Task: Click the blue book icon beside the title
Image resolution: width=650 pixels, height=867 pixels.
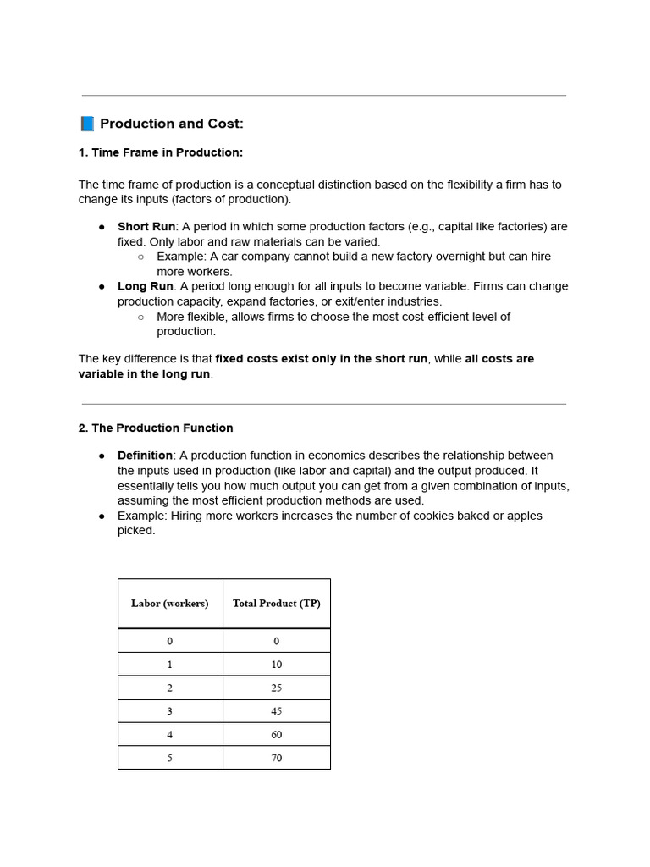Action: [x=87, y=124]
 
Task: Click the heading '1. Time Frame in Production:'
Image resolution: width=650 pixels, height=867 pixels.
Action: [x=161, y=152]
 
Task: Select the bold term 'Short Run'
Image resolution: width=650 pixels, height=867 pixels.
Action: [x=146, y=227]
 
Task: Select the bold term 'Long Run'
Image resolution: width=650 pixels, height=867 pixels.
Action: [x=145, y=286]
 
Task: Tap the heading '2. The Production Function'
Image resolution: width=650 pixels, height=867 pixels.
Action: [x=156, y=428]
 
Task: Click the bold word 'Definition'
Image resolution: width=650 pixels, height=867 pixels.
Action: [x=145, y=456]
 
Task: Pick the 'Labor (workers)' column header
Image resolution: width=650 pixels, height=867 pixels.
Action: [x=170, y=604]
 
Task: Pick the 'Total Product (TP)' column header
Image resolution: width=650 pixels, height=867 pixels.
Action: [x=277, y=604]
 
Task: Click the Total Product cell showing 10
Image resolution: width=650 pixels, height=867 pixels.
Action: [x=277, y=665]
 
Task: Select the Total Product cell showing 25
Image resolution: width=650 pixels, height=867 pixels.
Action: [x=277, y=688]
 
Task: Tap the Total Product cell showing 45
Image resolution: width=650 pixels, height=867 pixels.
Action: [x=277, y=711]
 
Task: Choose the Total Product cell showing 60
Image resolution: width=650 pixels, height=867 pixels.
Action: [x=277, y=734]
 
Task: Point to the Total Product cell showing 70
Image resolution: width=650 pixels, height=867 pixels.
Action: [x=277, y=758]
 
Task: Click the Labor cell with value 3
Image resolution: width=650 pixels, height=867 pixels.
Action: [x=170, y=711]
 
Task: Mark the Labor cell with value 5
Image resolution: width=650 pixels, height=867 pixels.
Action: [x=170, y=758]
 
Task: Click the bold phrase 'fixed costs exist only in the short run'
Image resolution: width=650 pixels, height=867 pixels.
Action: [x=322, y=359]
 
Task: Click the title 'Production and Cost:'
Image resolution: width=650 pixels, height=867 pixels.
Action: [x=172, y=124]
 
